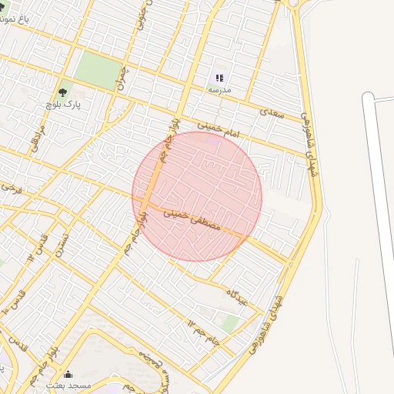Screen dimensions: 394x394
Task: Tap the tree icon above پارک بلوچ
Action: [62, 92]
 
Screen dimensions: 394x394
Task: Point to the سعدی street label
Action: [272, 112]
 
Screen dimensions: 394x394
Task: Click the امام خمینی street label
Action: [220, 128]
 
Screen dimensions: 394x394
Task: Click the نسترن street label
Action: [60, 245]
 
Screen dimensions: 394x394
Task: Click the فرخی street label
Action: [9, 188]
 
